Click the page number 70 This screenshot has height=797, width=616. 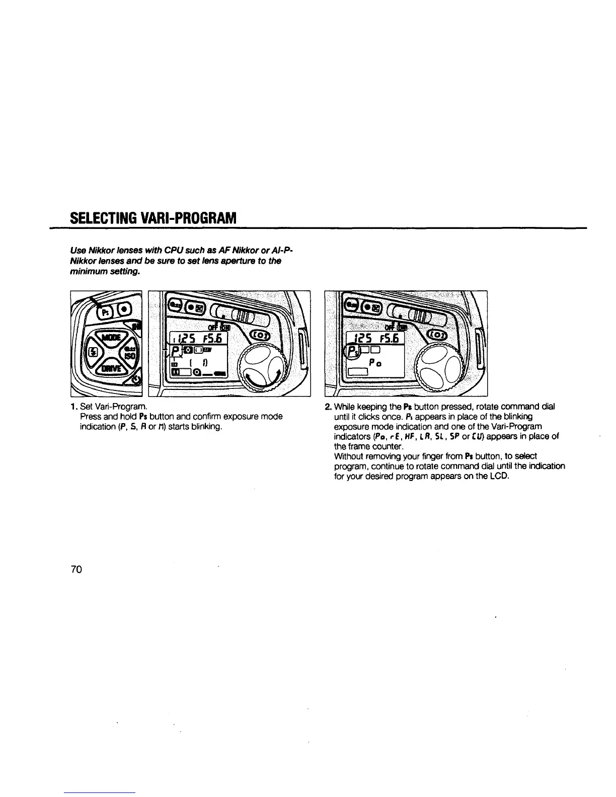click(x=76, y=570)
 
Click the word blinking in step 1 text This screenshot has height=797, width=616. click(x=206, y=427)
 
